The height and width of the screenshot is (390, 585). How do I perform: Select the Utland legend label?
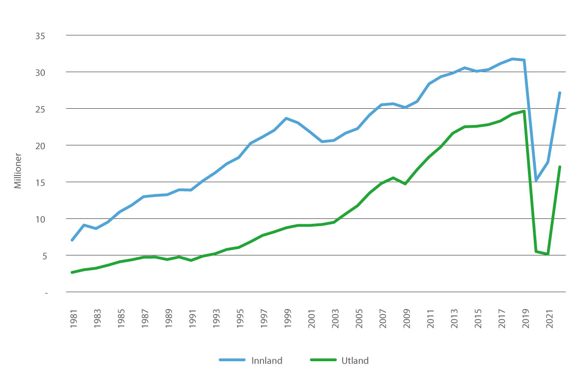point(355,361)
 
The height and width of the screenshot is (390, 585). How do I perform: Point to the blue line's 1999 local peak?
point(287,118)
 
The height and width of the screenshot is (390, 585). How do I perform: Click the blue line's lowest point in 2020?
point(536,180)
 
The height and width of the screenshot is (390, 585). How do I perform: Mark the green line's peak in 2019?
point(524,111)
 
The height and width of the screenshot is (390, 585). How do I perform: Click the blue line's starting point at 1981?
point(72,240)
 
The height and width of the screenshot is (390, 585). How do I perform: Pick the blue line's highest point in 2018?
point(512,59)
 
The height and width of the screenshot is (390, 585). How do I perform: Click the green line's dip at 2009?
point(406,184)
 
